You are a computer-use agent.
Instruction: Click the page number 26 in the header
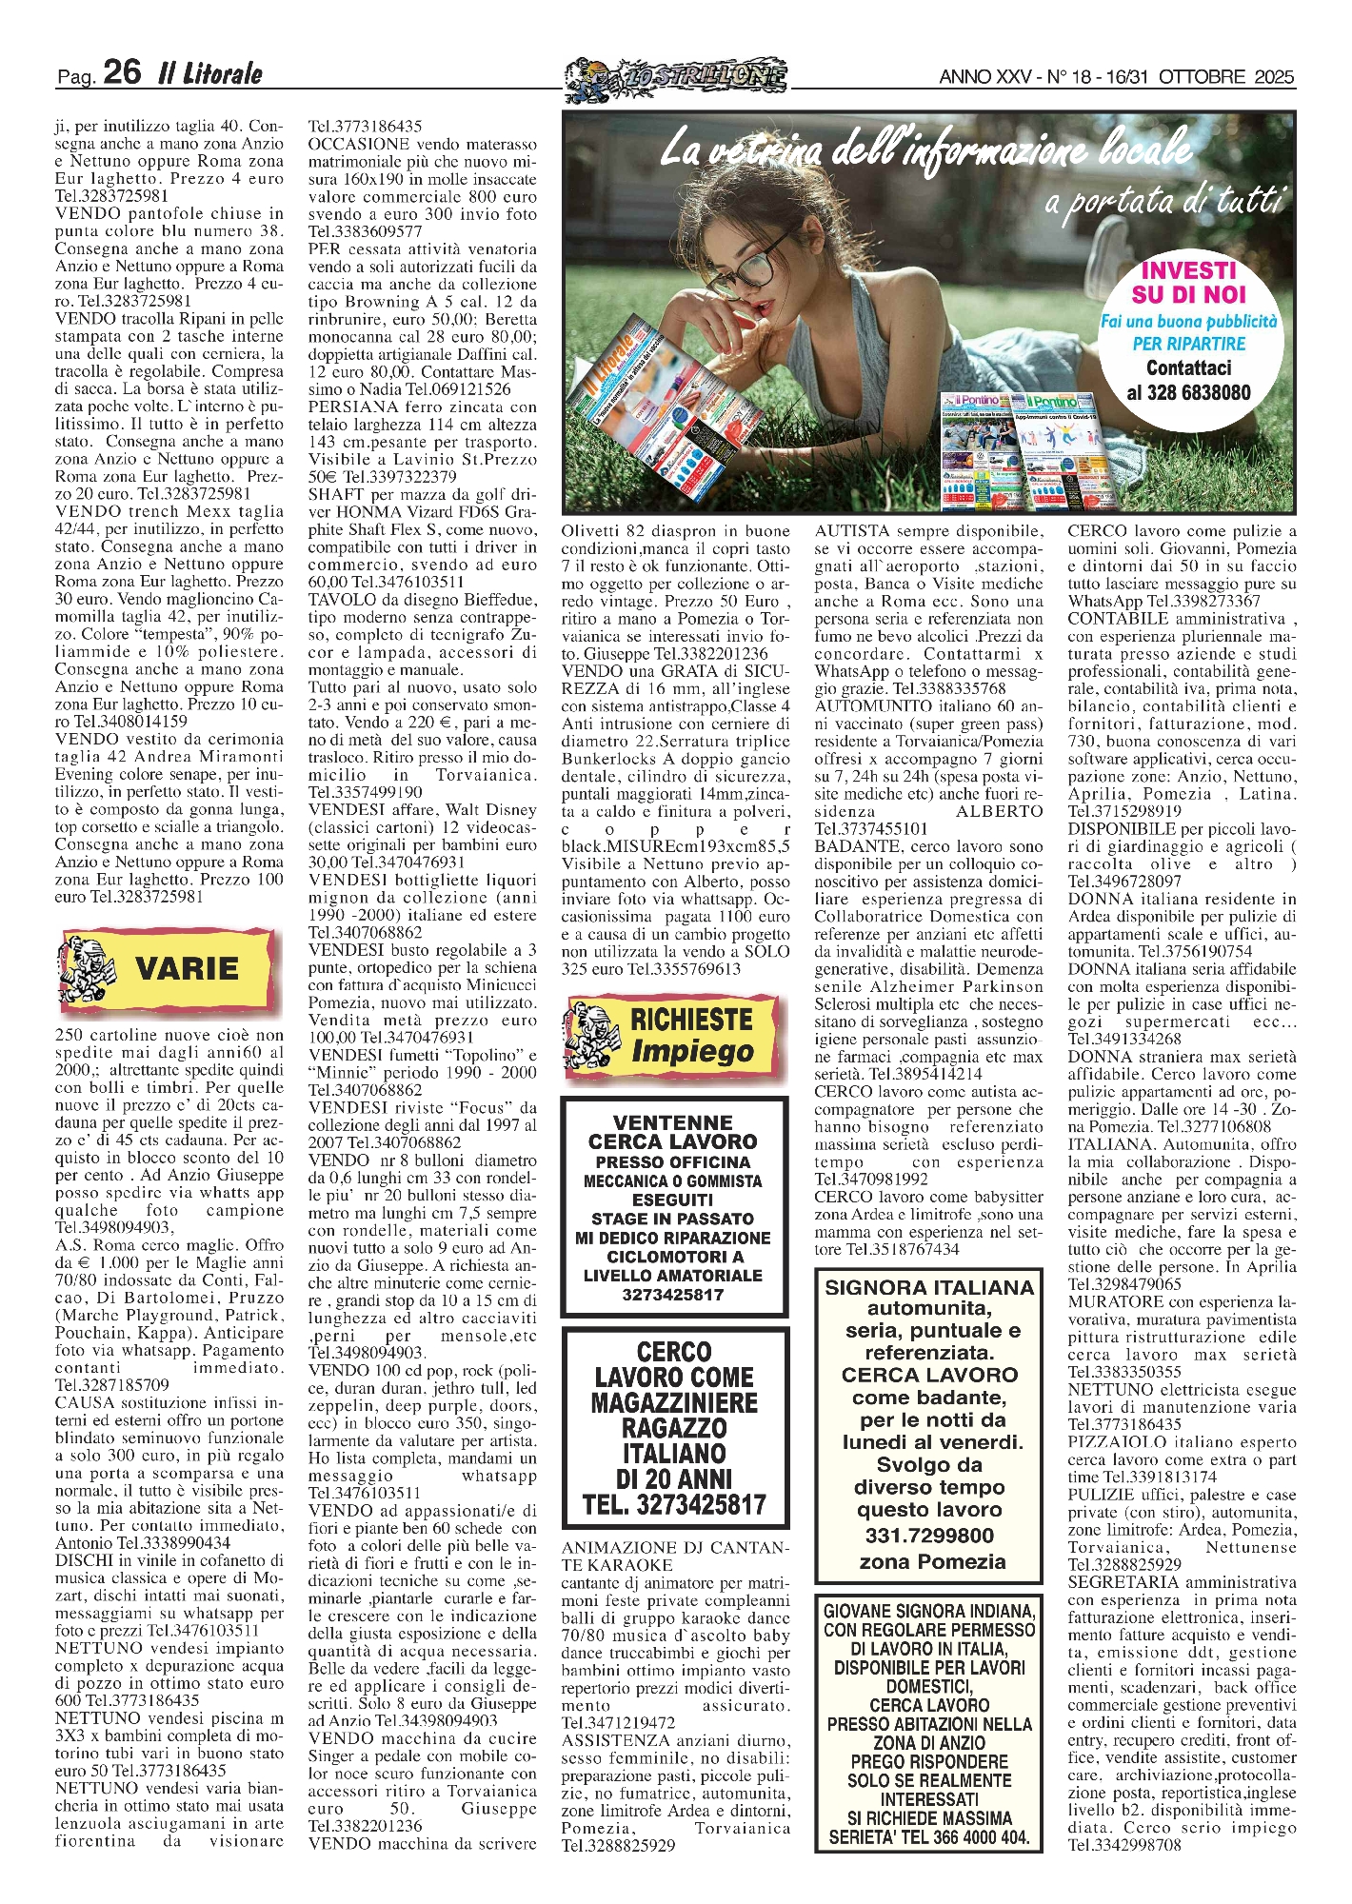click(122, 72)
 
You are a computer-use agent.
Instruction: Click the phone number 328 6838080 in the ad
click(1188, 392)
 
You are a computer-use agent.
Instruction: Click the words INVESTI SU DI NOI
click(1188, 283)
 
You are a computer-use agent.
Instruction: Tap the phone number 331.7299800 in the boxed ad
click(928, 1536)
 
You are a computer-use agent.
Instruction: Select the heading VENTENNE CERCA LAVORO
click(673, 1132)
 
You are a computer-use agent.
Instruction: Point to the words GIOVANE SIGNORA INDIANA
click(928, 1612)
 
